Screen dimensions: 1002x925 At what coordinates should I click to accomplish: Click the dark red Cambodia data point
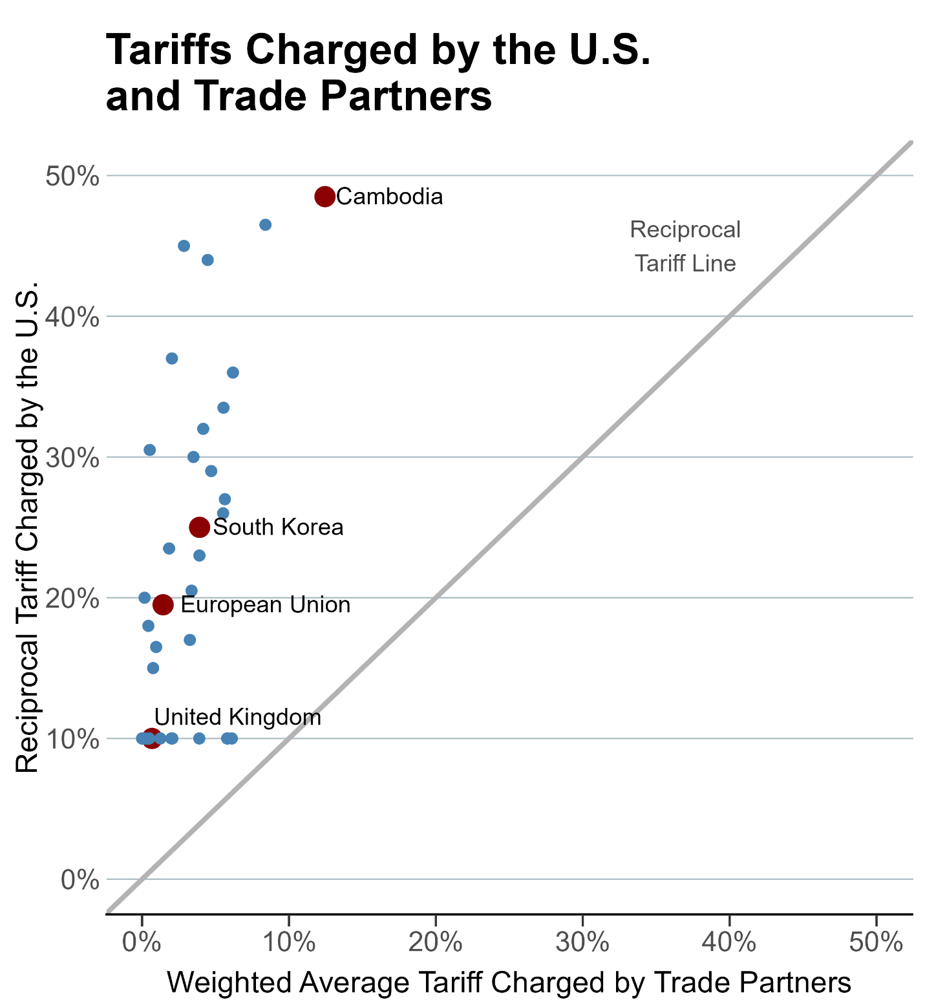[324, 197]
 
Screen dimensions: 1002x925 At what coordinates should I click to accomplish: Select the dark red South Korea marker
[199, 528]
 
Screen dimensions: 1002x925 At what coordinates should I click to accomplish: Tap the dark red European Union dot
[163, 605]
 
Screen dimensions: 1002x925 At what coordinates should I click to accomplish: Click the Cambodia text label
[390, 197]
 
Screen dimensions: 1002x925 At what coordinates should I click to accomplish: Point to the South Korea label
[278, 528]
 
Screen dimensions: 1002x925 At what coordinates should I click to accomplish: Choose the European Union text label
[265, 605]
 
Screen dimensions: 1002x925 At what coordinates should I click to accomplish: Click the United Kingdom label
[238, 718]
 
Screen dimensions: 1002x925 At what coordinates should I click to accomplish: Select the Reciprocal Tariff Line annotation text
[685, 246]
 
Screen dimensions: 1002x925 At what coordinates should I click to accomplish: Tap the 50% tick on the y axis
[72, 176]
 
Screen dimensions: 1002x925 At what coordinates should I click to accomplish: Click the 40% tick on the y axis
[72, 317]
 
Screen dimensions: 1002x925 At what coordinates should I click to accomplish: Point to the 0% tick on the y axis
[79, 879]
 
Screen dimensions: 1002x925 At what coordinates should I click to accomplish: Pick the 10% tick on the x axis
[288, 943]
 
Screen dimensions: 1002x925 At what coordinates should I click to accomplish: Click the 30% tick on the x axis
[582, 943]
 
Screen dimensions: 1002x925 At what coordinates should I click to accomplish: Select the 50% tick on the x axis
[876, 943]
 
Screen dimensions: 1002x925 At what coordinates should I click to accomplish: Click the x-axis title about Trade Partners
[509, 983]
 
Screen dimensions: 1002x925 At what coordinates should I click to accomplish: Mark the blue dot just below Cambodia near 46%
[265, 225]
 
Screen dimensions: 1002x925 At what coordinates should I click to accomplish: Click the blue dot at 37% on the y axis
[172, 359]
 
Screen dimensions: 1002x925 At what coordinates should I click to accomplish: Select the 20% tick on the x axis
[435, 943]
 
